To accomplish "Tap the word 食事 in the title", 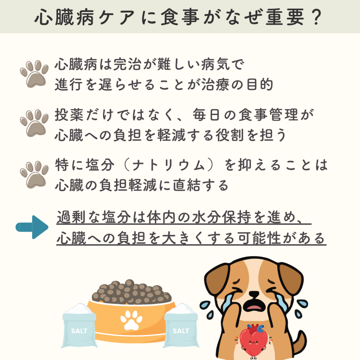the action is pyautogui.click(x=180, y=17).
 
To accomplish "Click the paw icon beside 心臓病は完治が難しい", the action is pyautogui.click(x=34, y=74).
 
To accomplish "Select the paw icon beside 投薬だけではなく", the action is pyautogui.click(x=34, y=123).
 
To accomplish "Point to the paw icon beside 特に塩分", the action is pyautogui.click(x=34, y=175).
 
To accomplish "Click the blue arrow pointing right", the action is pyautogui.click(x=32, y=227).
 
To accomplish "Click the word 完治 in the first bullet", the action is pyautogui.click(x=128, y=64).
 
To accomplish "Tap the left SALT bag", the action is pyautogui.click(x=79, y=326).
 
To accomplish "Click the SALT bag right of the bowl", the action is pyautogui.click(x=181, y=326).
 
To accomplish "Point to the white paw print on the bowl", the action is pyautogui.click(x=131, y=320).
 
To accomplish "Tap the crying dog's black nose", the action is pyautogui.click(x=254, y=294).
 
